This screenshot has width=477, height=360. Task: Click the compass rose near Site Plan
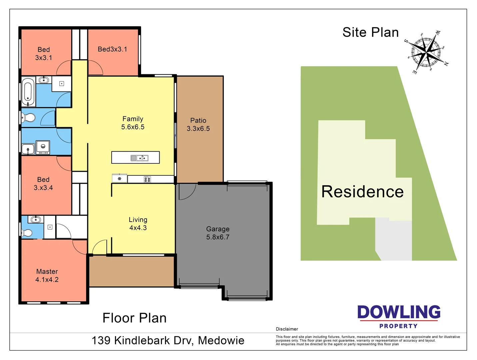pos(427,52)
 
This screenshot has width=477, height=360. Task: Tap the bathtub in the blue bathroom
pos(28,91)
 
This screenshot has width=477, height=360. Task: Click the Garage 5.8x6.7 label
pos(218,233)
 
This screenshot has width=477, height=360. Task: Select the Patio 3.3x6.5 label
pos(198,124)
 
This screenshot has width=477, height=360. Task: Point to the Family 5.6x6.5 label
pos(133,123)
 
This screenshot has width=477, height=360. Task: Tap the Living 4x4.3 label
pos(138,224)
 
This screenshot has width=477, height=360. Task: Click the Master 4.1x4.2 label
pos(47,276)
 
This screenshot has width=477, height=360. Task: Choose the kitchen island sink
pos(139,158)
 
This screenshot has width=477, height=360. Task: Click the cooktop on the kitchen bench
pos(147,179)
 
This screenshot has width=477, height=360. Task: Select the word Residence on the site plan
pos(362,192)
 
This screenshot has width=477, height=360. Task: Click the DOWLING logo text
pos(399,312)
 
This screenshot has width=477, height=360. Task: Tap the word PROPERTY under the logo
pos(398,326)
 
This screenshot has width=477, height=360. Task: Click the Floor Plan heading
pos(134,318)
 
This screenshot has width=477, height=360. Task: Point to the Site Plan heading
pos(370,32)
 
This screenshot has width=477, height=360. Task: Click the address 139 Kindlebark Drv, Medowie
pos(168,340)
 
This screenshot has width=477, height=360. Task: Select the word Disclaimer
pos(287,329)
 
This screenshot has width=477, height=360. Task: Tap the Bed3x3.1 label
pos(112,49)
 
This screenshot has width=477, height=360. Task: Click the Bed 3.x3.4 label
pos(43,184)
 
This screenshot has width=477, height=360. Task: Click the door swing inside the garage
pos(186,191)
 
